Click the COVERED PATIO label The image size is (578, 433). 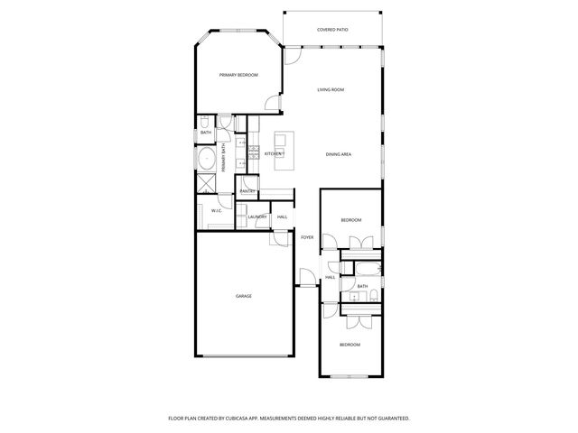tap(332, 30)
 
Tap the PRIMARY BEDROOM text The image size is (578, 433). tap(238, 75)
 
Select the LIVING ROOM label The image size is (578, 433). tap(331, 90)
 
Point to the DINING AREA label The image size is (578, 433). tap(339, 154)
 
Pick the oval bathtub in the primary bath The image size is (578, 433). tap(207, 161)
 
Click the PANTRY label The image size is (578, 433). tap(247, 191)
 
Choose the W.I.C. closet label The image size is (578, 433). tap(217, 211)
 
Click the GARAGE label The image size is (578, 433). tap(244, 296)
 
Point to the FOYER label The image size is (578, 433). tap(307, 237)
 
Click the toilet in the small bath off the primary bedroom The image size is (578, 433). tap(206, 122)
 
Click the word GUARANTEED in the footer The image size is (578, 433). tap(391, 419)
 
